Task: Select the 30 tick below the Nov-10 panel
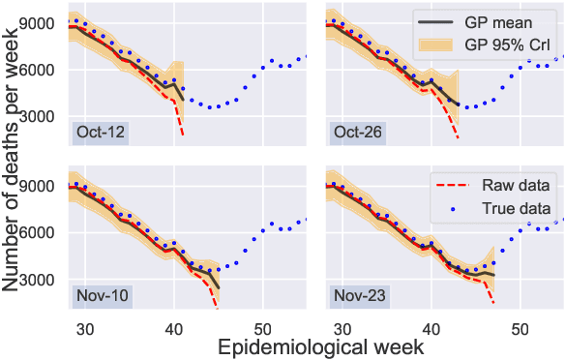[x=84, y=328]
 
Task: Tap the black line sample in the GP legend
[x=438, y=20]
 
